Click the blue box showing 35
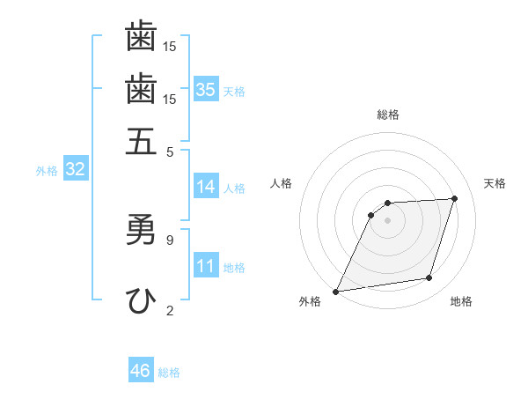pos(206,90)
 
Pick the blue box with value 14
pos(206,187)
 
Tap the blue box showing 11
pos(206,267)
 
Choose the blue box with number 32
pos(75,170)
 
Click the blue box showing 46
pos(141,371)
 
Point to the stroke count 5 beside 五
pos(170,151)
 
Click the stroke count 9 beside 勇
pos(170,239)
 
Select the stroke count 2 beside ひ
pos(170,309)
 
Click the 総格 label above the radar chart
pos(388,115)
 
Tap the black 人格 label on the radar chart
pos(282,183)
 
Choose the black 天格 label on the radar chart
pos(495,183)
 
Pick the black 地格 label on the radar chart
pos(461,301)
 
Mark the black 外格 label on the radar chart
pos(310,301)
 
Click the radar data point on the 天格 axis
pos(455,199)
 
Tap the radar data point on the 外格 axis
pos(336,292)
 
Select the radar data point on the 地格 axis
pos(429,278)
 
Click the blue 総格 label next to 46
pos(169,373)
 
